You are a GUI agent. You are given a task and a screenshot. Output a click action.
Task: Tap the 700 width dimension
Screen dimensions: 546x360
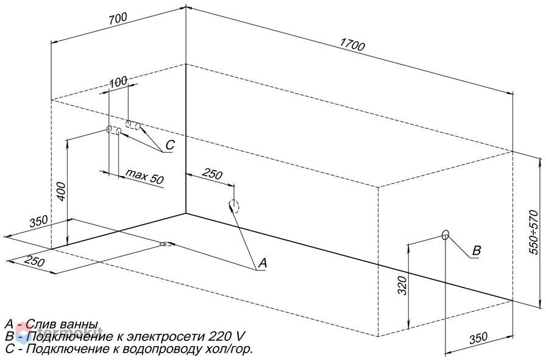[x=118, y=18]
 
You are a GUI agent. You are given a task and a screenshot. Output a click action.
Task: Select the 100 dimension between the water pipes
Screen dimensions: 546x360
[x=118, y=82]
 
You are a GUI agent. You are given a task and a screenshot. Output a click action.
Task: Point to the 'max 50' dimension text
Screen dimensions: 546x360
[x=144, y=176]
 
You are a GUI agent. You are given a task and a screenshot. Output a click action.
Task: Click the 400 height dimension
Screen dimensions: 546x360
[x=60, y=191]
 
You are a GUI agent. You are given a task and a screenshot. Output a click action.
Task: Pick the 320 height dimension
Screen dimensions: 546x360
[x=402, y=286]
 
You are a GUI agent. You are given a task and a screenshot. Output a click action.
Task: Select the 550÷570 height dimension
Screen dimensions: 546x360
[x=533, y=232]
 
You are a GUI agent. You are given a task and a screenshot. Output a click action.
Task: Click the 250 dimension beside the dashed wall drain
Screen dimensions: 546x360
[x=212, y=174]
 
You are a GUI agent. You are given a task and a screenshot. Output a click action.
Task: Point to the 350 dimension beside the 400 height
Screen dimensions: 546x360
[x=38, y=222]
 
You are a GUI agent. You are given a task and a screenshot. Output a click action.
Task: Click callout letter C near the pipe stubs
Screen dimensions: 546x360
[x=169, y=145]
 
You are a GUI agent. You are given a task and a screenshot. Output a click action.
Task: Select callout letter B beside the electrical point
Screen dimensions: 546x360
[x=477, y=250]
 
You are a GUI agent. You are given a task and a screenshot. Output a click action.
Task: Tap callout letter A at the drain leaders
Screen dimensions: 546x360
[x=262, y=263]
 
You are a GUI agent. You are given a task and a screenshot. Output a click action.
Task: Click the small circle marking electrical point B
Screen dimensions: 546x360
[x=445, y=235]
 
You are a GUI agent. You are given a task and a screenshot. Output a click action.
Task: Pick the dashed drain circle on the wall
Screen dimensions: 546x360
[x=234, y=206]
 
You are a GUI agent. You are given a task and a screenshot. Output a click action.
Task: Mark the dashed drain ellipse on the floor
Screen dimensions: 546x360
[x=168, y=244]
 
